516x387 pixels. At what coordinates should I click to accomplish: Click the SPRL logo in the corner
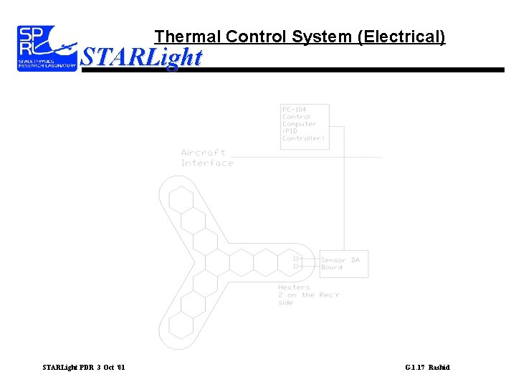pos(47,48)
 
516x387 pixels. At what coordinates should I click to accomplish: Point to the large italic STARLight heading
pos(141,57)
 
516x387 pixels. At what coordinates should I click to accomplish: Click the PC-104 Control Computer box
pos(305,127)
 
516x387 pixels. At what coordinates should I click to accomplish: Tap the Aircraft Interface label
pos(207,158)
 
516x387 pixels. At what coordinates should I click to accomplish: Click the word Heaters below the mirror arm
pos(294,287)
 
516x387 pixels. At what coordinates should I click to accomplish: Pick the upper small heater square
pos(296,257)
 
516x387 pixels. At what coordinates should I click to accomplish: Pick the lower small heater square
pos(296,267)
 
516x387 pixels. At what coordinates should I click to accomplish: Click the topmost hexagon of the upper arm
pos(181,199)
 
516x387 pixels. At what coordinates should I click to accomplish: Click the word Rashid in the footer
pos(439,368)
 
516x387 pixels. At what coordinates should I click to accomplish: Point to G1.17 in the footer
pos(415,368)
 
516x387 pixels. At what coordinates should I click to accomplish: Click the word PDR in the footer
pos(86,368)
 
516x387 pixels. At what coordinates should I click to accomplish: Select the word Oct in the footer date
pos(109,368)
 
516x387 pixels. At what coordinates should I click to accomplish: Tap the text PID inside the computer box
pos(291,131)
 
